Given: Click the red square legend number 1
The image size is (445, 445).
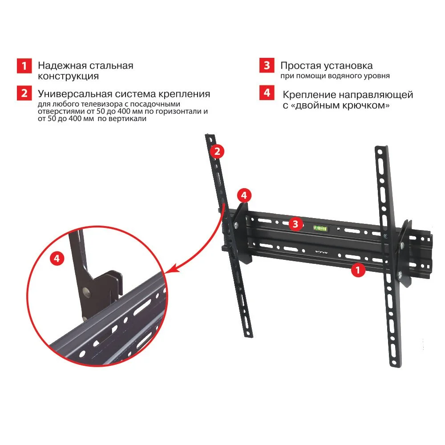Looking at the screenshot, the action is (x=24, y=66).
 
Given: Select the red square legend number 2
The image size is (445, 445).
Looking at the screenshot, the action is (x=24, y=93).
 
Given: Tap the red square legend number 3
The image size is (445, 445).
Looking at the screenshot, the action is (x=267, y=65).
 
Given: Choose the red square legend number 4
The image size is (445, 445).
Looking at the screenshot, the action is (x=267, y=93).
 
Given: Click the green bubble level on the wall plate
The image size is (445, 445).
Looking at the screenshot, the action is (x=320, y=227).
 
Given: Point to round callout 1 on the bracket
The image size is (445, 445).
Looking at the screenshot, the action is (x=358, y=270).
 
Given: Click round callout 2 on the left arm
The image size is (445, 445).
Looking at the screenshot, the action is (x=217, y=151).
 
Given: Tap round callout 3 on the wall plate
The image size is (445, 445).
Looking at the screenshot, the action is (x=295, y=224).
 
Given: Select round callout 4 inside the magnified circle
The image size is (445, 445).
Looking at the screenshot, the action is (x=57, y=259).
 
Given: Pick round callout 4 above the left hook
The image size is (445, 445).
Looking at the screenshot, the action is (x=244, y=195).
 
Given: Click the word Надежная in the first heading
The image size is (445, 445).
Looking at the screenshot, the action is (x=62, y=66).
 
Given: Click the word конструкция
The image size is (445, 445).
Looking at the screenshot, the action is (x=69, y=77).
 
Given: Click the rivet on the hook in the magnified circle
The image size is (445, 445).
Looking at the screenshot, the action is (x=86, y=291).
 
